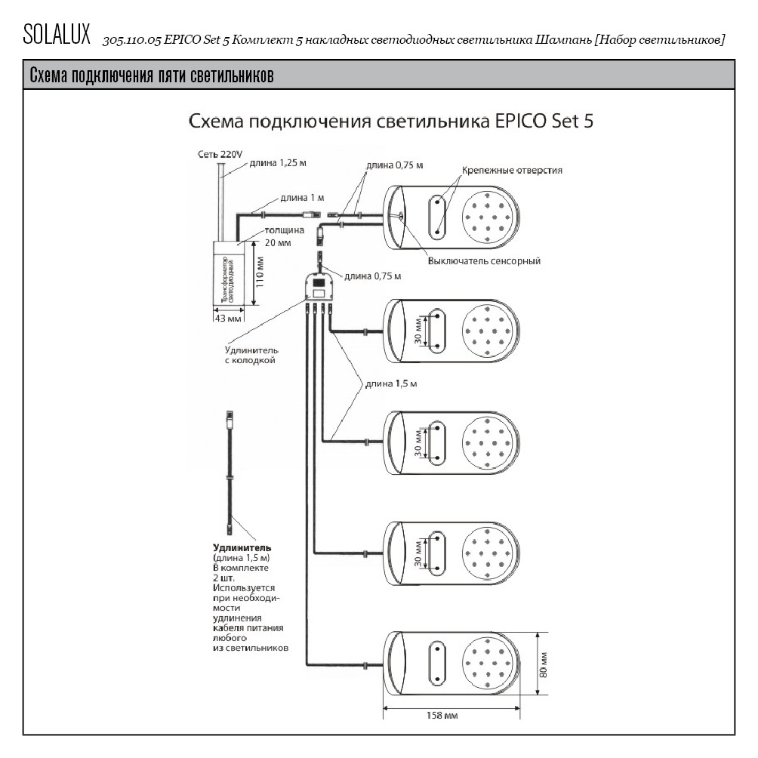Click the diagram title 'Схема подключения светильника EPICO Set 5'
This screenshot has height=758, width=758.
point(390,122)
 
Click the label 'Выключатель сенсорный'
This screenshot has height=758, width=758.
point(484,261)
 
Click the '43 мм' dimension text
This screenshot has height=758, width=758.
point(227,319)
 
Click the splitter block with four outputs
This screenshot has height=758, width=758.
point(319,288)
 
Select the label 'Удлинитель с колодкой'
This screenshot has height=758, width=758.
point(251,355)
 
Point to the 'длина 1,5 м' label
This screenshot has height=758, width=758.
point(391,384)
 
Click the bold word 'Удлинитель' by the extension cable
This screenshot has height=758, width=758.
point(242,547)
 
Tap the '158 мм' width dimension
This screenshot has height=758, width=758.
point(442,715)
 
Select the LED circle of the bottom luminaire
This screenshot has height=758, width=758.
point(491,664)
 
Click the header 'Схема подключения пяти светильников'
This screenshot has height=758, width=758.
point(151,76)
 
